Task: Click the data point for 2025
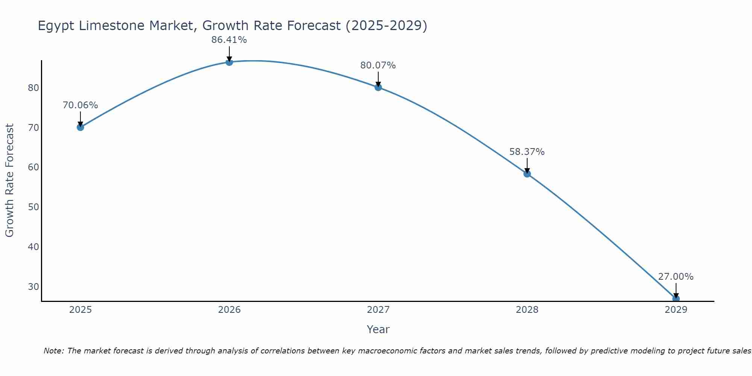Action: [x=80, y=127]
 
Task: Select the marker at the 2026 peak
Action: [x=229, y=62]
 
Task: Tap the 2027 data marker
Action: [x=378, y=87]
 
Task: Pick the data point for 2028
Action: [x=527, y=173]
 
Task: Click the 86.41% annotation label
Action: [x=229, y=40]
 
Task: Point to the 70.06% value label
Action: [x=80, y=105]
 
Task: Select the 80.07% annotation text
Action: [x=378, y=65]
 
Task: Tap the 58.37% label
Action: [x=527, y=152]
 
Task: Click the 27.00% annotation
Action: [x=676, y=277]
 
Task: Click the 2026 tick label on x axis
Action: [x=229, y=310]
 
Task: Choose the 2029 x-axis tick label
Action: [x=676, y=310]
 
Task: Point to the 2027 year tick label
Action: [x=378, y=310]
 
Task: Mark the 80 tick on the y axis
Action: [x=33, y=88]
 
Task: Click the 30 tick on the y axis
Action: [x=33, y=287]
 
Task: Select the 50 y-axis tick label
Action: [x=33, y=207]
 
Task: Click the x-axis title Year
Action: [x=378, y=329]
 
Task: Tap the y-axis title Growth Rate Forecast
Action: [x=10, y=180]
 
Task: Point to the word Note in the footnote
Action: [x=54, y=351]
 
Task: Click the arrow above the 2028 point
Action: [x=527, y=165]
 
